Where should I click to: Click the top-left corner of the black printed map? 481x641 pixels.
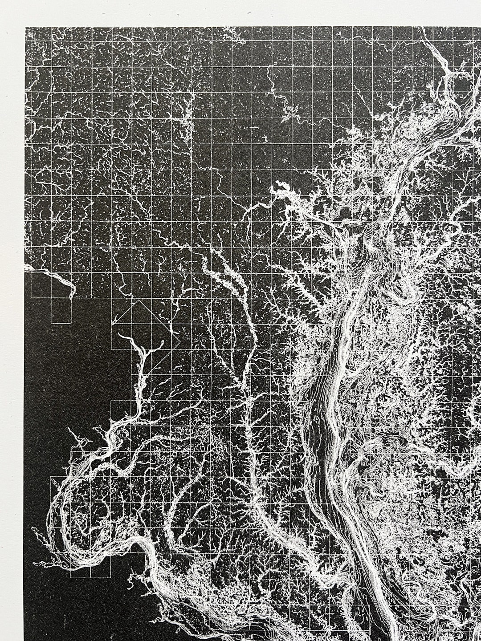click(x=26, y=28)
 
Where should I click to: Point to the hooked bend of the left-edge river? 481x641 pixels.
click(x=72, y=292)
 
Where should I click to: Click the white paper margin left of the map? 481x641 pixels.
click(x=12, y=312)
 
